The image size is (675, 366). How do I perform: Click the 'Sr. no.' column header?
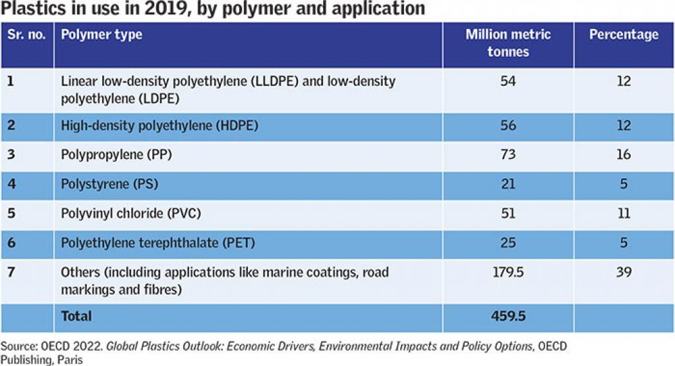[x=27, y=35]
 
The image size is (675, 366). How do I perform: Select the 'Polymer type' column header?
[x=102, y=35]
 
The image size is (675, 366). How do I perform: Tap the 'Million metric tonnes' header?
[x=508, y=43]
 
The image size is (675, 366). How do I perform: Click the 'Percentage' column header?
[x=624, y=35]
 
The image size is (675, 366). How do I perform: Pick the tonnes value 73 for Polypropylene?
[x=508, y=155]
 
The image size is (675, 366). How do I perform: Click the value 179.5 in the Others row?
[x=508, y=272]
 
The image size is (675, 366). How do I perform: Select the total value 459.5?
[x=508, y=317]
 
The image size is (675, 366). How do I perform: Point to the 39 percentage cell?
[x=624, y=272]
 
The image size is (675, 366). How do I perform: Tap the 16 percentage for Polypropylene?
[x=624, y=155]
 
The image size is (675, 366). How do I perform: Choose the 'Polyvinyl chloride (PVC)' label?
[x=131, y=214]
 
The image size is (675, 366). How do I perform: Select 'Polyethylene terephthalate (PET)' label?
[x=158, y=243]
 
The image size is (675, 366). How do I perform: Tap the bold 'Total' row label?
[x=76, y=317]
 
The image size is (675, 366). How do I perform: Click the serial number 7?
[x=10, y=272]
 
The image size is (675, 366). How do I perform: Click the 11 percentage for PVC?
[x=624, y=214]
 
